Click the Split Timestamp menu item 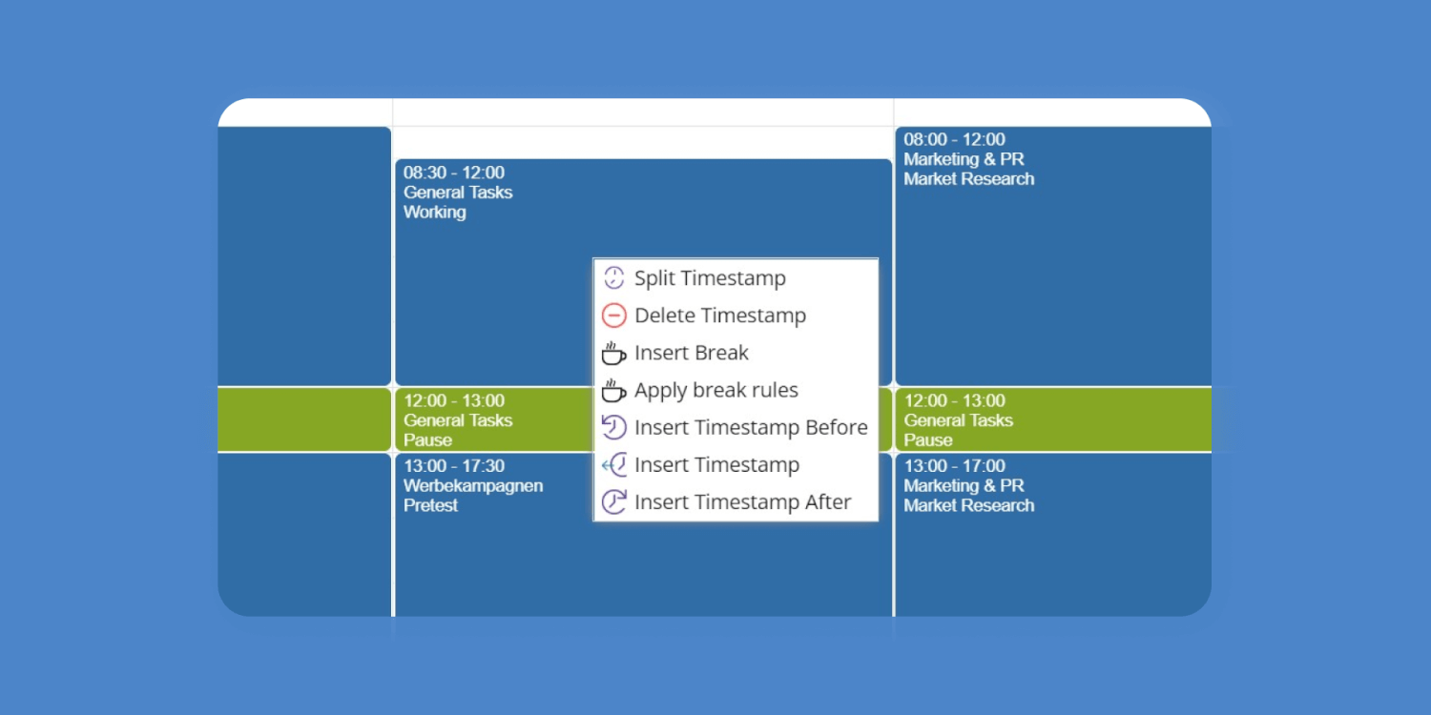(x=710, y=278)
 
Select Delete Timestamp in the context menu (x=720, y=316)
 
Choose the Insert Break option (x=692, y=353)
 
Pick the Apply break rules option (x=716, y=390)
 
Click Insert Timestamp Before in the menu (x=751, y=427)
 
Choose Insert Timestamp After (x=742, y=501)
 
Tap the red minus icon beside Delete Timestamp (x=614, y=316)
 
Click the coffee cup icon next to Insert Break (x=613, y=353)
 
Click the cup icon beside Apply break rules (x=613, y=390)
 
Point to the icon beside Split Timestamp (x=614, y=278)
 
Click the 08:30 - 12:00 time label (x=453, y=173)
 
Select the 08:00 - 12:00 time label (x=954, y=139)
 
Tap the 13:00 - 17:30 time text (x=453, y=466)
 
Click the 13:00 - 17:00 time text (x=954, y=466)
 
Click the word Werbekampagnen (x=473, y=486)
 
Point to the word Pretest (x=430, y=506)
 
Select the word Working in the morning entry (x=434, y=213)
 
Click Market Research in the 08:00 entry (x=968, y=179)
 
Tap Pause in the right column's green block (x=927, y=440)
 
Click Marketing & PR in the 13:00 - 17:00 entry (x=964, y=486)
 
